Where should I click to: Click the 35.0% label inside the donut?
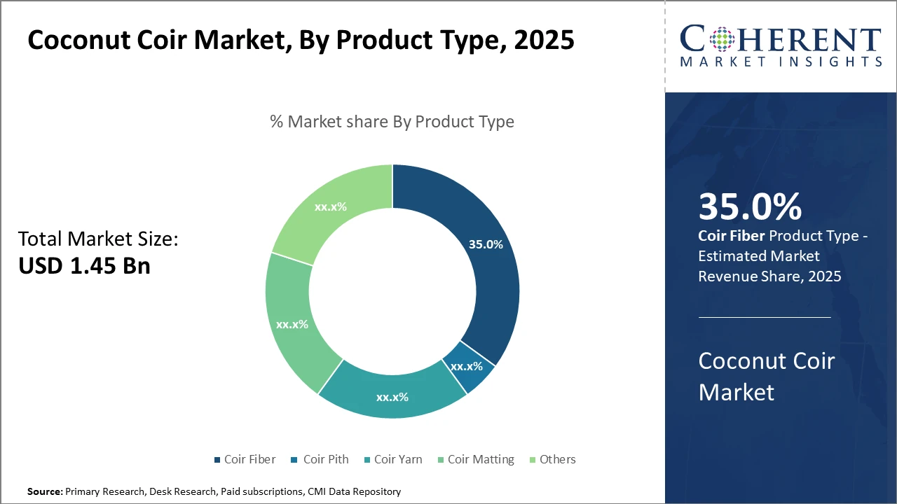click(486, 244)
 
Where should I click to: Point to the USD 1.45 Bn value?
click(84, 265)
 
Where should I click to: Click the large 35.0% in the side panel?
click(750, 207)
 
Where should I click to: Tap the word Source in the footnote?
click(44, 492)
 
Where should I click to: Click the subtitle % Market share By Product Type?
click(392, 122)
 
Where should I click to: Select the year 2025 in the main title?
click(544, 40)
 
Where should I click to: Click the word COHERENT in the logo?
click(781, 40)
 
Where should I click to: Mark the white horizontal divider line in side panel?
click(765, 317)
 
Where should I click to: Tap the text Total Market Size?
click(98, 239)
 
